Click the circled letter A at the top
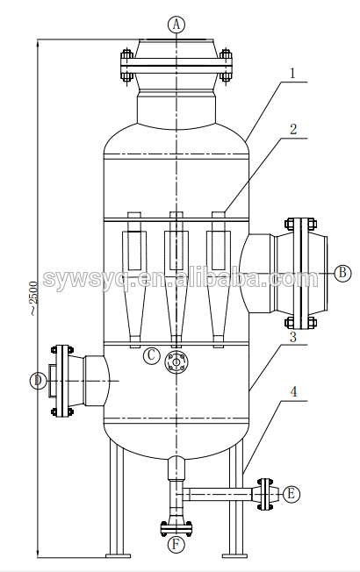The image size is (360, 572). pos(176,25)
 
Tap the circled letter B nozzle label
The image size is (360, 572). pos(342,273)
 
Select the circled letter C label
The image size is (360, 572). pos(152,355)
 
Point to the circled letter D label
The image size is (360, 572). pos(38,381)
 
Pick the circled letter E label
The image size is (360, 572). pos(291,494)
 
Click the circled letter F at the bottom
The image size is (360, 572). pos(176,545)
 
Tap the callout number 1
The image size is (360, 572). pos(292,74)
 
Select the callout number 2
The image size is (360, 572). pos(293,130)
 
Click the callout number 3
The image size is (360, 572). pos(292,337)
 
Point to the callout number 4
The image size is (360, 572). pos(293,392)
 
